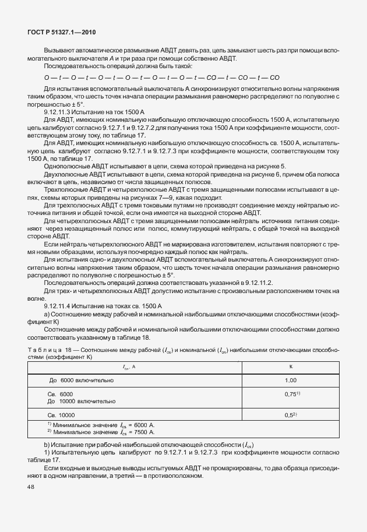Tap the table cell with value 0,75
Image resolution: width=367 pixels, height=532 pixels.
(290, 394)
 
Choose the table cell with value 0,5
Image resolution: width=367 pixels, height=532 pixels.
(290, 415)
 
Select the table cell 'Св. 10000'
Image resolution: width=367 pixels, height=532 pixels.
(62, 415)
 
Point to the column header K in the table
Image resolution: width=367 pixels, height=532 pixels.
(291, 366)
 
